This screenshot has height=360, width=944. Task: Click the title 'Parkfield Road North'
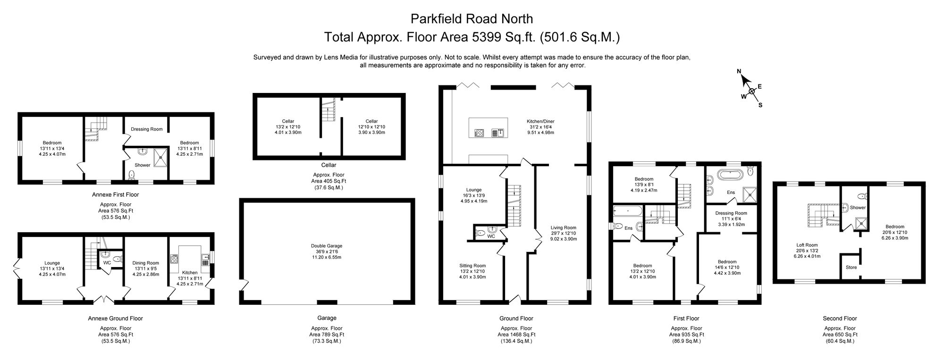pyautogui.click(x=472, y=19)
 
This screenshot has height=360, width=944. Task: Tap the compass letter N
pyautogui.click(x=740, y=72)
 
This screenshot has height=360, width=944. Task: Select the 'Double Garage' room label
pyautogui.click(x=327, y=246)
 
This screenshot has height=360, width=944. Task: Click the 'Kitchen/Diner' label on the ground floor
pyautogui.click(x=540, y=121)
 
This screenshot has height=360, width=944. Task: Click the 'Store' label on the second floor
pyautogui.click(x=851, y=268)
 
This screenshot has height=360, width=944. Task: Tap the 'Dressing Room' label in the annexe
pyautogui.click(x=146, y=129)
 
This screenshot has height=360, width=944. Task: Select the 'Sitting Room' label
pyautogui.click(x=472, y=266)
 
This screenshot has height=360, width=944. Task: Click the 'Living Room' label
pyautogui.click(x=564, y=227)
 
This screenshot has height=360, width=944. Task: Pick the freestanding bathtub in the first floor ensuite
pyautogui.click(x=732, y=174)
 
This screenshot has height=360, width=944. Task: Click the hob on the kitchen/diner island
pyautogui.click(x=479, y=133)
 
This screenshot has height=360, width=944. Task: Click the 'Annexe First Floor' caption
pyautogui.click(x=115, y=194)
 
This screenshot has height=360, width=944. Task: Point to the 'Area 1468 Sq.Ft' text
pyautogui.click(x=516, y=335)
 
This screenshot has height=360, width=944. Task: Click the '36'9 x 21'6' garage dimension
pyautogui.click(x=327, y=251)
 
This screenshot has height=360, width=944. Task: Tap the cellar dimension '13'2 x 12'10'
pyautogui.click(x=288, y=127)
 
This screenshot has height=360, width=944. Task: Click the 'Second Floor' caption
pyautogui.click(x=840, y=318)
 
